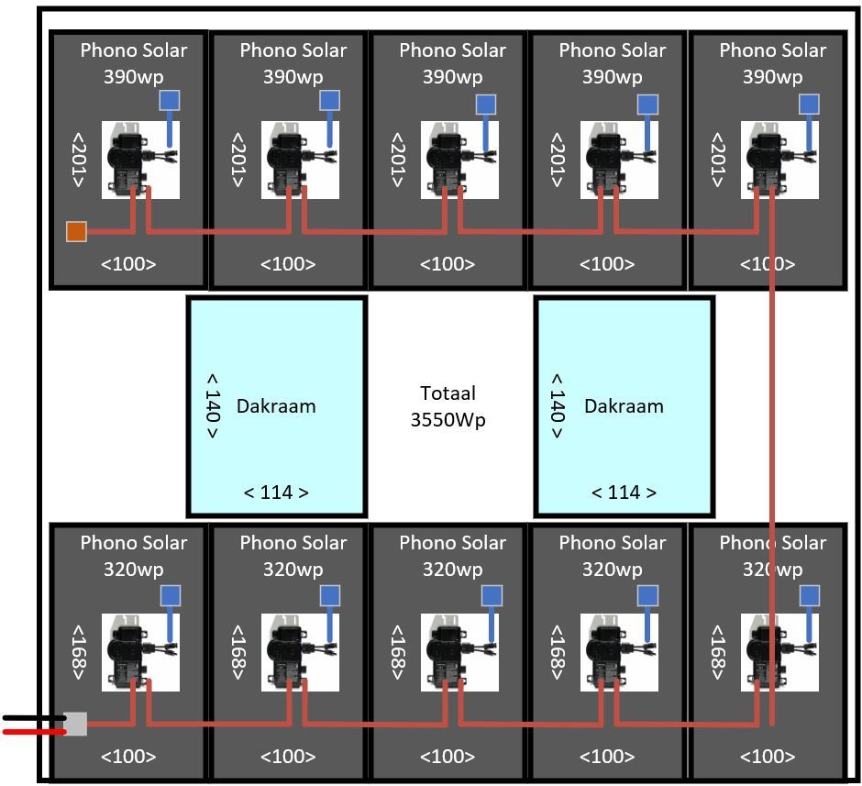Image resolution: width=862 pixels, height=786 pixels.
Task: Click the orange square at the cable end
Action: coord(76,231)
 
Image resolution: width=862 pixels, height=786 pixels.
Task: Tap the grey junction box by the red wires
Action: coord(76,725)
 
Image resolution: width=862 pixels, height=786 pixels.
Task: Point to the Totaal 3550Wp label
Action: coord(448,406)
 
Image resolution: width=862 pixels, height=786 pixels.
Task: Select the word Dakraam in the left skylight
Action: coord(276,405)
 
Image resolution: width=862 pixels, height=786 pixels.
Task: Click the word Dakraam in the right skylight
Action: coord(624,405)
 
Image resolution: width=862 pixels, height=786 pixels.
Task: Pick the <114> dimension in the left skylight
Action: coord(276,493)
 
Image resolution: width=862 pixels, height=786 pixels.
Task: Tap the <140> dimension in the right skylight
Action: coord(557,405)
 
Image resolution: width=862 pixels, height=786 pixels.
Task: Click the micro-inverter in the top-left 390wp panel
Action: coord(139,161)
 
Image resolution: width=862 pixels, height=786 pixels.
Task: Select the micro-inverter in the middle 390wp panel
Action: coord(459,161)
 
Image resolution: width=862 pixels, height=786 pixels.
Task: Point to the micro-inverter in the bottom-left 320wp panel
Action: coord(139,652)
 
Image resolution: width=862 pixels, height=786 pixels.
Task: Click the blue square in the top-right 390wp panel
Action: coord(809,105)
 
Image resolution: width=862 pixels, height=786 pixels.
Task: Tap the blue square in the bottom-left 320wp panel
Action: coord(171,596)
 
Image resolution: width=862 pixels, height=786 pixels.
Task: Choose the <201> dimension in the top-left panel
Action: coord(78,161)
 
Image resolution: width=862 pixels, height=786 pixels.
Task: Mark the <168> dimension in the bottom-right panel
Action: coord(717,652)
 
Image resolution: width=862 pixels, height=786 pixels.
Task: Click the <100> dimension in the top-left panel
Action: coord(128,264)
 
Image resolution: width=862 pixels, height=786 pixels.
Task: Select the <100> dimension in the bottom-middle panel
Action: coord(448,757)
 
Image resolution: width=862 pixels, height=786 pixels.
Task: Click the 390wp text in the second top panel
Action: coord(293,76)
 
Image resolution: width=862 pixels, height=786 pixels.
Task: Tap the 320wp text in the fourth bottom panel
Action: coord(612,569)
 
